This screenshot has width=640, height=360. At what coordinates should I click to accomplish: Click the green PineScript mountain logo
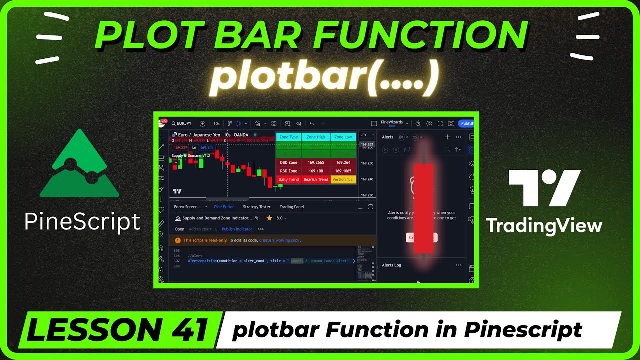pos(79,165)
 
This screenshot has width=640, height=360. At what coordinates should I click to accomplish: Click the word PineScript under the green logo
pos(82,221)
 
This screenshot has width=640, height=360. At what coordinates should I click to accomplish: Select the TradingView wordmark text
pos(544,225)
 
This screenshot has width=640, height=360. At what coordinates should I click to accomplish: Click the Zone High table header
pos(316,137)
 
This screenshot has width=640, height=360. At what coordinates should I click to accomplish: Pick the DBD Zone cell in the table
pos(288,162)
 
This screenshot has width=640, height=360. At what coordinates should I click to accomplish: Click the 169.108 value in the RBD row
pos(316,171)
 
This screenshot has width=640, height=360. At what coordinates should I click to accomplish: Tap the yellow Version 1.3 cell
pos(343,179)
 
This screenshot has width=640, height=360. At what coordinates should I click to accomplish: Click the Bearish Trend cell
pos(316,179)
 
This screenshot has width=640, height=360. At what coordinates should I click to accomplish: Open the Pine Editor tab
pos(224,207)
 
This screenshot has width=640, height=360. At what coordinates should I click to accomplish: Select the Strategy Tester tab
pos(256,207)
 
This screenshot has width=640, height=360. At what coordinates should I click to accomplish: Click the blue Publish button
pos(467,123)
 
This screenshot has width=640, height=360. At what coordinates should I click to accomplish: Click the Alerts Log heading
pos(391,265)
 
